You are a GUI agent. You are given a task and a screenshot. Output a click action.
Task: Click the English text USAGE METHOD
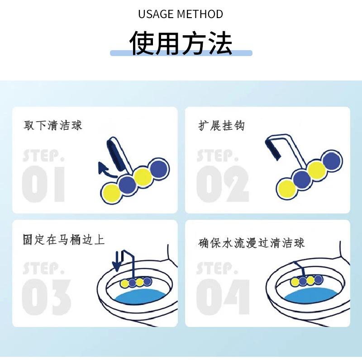pos(181,14)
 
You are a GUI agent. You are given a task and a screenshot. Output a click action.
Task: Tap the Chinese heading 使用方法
pos(181,43)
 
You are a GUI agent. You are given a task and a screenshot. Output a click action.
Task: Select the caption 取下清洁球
pos(53,125)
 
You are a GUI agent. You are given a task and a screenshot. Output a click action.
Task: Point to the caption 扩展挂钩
pos(221,125)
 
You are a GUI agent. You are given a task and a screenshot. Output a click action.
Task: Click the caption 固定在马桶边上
pos(64,239)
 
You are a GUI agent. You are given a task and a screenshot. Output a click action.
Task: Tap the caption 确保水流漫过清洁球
pos(252,243)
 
